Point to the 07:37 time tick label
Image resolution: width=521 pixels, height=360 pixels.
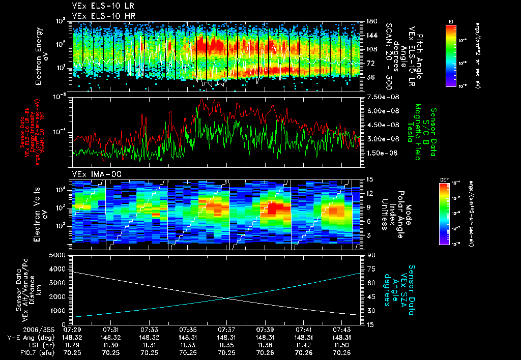click(227, 330)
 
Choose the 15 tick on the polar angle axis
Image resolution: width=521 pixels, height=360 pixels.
click(370, 179)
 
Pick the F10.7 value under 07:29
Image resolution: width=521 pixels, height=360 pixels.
click(72, 352)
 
